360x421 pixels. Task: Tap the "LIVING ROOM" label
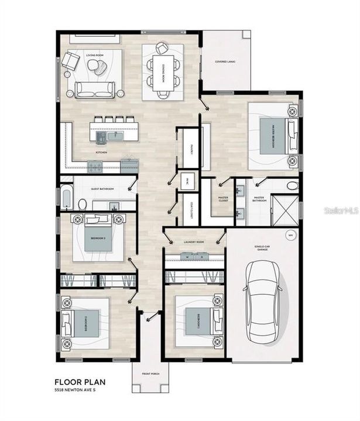pos(94,56)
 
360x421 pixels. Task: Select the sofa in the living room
pos(94,89)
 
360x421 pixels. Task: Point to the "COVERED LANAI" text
pos(225,61)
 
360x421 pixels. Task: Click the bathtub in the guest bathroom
pos(66,198)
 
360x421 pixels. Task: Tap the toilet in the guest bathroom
pos(83,204)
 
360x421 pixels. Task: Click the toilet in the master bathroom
pos(292,186)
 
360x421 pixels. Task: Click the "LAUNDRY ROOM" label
pos(194,241)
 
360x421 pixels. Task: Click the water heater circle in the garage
pos(289,236)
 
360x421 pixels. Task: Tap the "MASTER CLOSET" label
pos(223,199)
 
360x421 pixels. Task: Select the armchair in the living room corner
pos(72,61)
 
